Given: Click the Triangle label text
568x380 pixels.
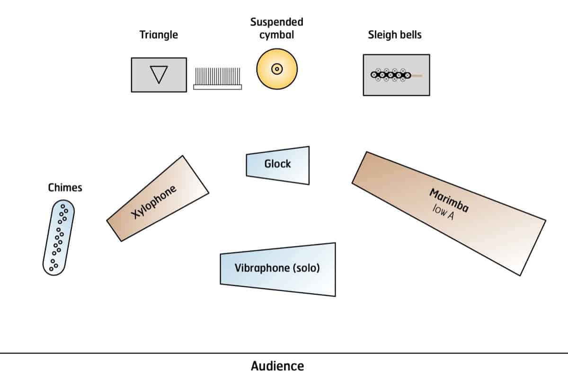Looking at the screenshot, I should pyautogui.click(x=159, y=35).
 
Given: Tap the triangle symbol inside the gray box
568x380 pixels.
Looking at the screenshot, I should pyautogui.click(x=159, y=75).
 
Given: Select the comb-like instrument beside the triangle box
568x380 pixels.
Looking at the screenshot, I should pyautogui.click(x=218, y=79).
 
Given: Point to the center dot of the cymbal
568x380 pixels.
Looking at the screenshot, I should pyautogui.click(x=277, y=69).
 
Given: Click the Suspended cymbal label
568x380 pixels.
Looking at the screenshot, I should pyautogui.click(x=277, y=28).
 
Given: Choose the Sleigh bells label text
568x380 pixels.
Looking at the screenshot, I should pyautogui.click(x=394, y=35).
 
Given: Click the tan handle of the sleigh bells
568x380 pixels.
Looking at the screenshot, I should pyautogui.click(x=417, y=75).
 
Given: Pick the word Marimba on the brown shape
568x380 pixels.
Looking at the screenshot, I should pyautogui.click(x=449, y=200).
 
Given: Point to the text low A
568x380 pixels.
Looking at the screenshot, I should pyautogui.click(x=443, y=213).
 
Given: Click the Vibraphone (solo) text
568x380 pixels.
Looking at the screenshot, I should pyautogui.click(x=277, y=268).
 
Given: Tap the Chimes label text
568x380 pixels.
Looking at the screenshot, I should pyautogui.click(x=65, y=188).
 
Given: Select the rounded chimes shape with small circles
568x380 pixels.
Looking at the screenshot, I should pyautogui.click(x=58, y=237).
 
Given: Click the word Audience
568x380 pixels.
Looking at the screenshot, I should pyautogui.click(x=277, y=366).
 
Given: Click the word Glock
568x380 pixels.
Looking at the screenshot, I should pyautogui.click(x=277, y=164).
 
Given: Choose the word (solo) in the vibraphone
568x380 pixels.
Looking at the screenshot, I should pyautogui.click(x=306, y=268).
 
